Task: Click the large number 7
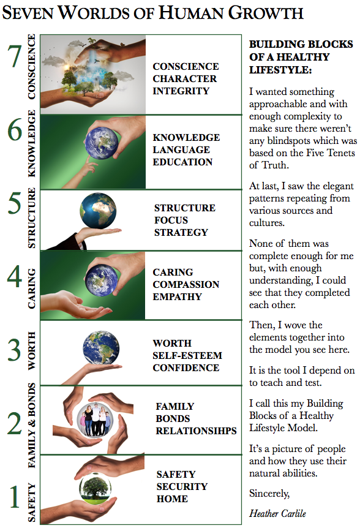click(15, 56)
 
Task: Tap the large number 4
click(15, 276)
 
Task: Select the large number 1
click(14, 497)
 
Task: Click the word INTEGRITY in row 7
click(181, 91)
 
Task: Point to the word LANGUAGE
click(181, 149)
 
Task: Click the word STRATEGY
click(181, 232)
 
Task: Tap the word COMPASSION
click(186, 284)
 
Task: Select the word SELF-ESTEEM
click(187, 356)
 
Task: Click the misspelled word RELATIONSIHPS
click(196, 431)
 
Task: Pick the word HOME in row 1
click(172, 499)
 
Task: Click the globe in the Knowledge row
click(102, 143)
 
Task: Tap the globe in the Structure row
click(98, 211)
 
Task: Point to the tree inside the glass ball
click(95, 488)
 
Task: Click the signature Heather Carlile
click(278, 514)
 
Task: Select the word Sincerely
click(269, 494)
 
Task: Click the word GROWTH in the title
click(266, 13)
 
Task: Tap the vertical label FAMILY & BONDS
click(31, 425)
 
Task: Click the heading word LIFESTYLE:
click(280, 70)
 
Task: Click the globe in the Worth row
click(101, 348)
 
